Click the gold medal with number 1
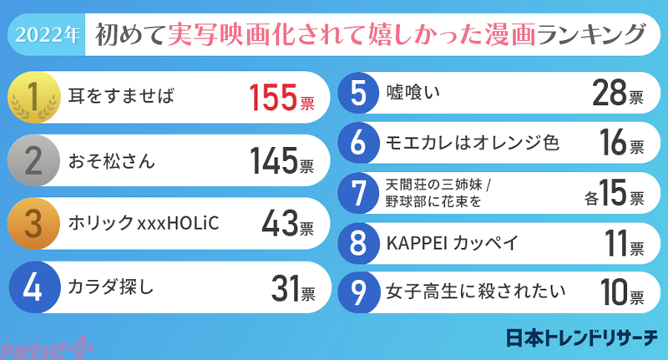click(x=33, y=99)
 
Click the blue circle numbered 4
click(x=33, y=288)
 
